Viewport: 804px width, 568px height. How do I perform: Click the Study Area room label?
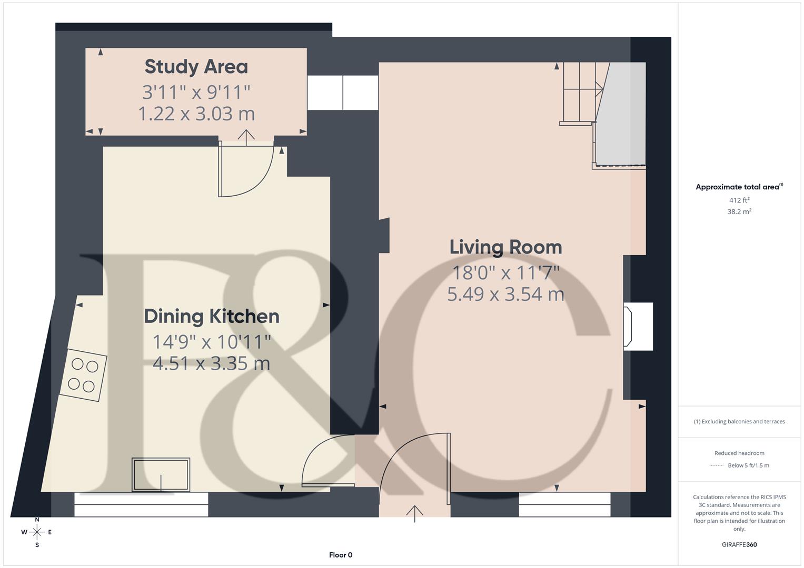196,67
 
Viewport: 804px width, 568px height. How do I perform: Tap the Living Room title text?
505,247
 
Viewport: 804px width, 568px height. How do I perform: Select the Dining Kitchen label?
212,316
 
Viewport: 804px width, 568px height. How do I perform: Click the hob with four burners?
83,375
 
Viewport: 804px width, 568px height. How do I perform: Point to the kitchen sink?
161,475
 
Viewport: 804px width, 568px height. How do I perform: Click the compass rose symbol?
37,532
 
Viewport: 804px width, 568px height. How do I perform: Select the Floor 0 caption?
341,555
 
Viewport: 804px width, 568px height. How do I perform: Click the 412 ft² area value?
739,200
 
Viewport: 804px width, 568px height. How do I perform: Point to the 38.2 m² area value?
739,212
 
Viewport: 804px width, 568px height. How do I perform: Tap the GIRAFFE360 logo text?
739,544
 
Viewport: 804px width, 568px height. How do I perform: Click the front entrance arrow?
415,513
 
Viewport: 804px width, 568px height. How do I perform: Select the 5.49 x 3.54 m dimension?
505,294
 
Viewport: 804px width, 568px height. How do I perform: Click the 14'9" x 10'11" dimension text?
212,342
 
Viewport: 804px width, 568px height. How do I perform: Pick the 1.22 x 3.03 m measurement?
196,114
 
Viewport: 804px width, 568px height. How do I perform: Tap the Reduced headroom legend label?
739,453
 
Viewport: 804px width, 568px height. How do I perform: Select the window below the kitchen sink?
141,504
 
